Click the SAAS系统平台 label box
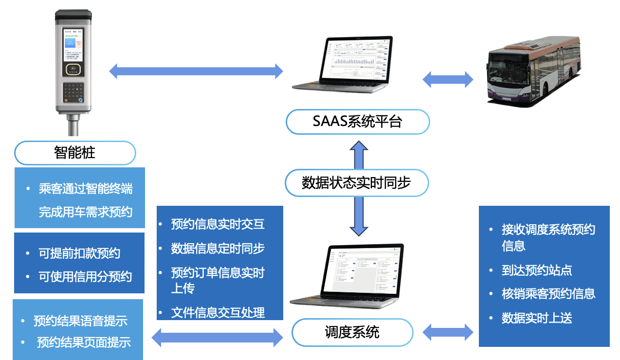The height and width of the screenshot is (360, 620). point(357,122)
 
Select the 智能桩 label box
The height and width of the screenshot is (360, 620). point(75,153)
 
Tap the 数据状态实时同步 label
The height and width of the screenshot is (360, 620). point(356,183)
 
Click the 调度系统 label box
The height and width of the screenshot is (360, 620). point(352,333)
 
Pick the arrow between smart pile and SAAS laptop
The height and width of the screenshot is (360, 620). point(196,71)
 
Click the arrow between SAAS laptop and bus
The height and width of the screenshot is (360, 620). point(448,79)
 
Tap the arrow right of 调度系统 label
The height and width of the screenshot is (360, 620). point(448,333)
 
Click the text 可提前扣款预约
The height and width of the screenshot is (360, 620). point(79,253)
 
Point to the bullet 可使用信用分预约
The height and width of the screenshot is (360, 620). point(85,276)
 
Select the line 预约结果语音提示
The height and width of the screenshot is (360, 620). point(80,321)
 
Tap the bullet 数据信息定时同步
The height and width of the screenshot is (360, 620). point(218,248)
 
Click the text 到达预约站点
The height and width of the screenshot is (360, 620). point(537,270)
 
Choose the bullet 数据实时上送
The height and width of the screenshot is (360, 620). point(537,318)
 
